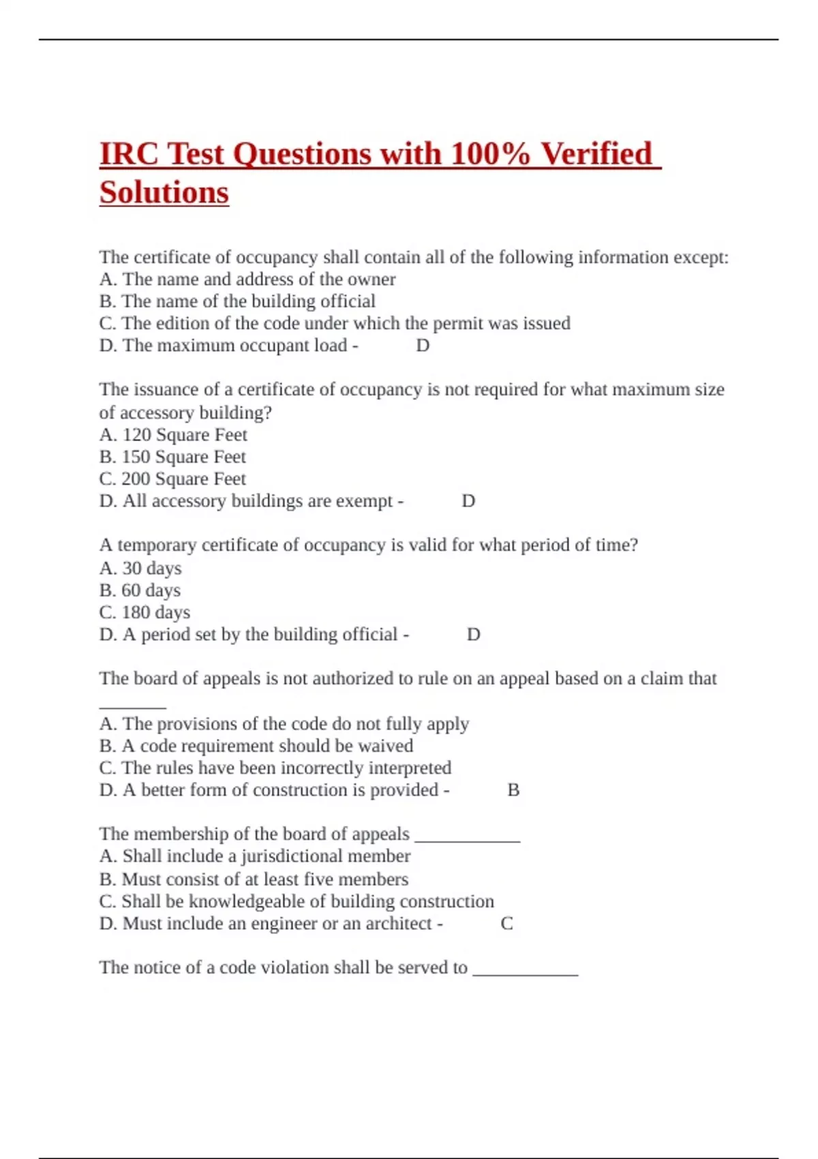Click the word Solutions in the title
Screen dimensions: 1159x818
(x=164, y=192)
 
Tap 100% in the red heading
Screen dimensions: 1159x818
(x=490, y=154)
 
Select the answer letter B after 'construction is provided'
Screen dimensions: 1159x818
(x=513, y=790)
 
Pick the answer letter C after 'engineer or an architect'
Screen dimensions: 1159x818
(x=506, y=924)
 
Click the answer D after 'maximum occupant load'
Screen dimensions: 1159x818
(x=423, y=346)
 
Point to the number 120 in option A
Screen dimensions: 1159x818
(x=136, y=435)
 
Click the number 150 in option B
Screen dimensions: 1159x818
(x=136, y=457)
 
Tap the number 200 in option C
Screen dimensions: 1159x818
(x=136, y=479)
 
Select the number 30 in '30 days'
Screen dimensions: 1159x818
(x=132, y=568)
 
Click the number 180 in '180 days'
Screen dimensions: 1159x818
(x=136, y=612)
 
